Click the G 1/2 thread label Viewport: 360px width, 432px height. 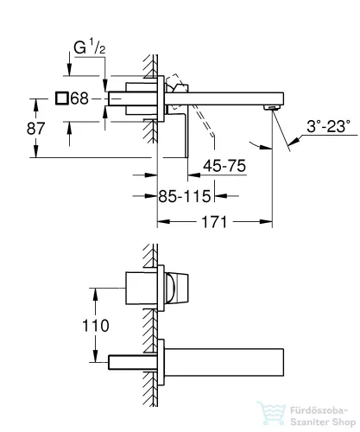89,48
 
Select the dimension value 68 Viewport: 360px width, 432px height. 79,98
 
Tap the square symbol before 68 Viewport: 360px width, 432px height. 62,98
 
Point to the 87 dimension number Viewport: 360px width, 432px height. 35,129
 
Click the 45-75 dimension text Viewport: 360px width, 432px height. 224,166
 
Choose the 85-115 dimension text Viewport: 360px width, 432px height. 185,196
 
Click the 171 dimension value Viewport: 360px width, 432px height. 214,222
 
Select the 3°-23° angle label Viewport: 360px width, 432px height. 329,126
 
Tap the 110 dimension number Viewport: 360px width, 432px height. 96,326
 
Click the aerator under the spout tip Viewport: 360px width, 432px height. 272,108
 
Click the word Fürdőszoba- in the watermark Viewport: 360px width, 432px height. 319,410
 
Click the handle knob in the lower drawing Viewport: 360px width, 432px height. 177,288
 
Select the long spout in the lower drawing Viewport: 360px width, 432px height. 224,362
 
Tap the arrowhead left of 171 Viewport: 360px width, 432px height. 163,222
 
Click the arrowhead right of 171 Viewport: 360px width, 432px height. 266,222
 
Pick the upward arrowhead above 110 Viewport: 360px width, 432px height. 96,294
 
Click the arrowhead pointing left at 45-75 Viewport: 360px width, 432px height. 194,175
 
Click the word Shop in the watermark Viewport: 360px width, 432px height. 343,422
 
